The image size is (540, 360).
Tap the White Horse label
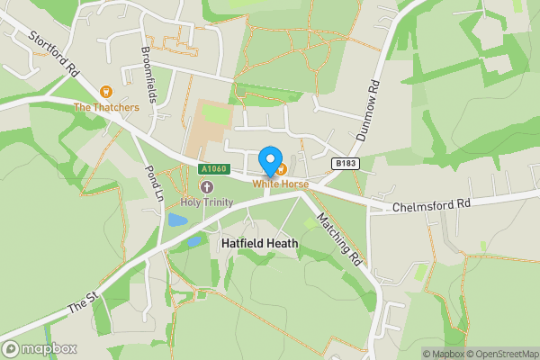(280, 184)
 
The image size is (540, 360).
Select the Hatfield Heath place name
(260, 243)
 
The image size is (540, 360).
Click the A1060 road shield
(215, 169)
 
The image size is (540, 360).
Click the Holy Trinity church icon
(206, 187)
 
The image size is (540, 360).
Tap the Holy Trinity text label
(206, 202)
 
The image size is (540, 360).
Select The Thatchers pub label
(106, 108)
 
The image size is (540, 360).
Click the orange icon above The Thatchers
(106, 92)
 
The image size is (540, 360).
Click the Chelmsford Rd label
(432, 205)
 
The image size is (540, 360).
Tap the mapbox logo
(40, 348)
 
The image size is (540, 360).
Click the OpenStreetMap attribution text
(500, 354)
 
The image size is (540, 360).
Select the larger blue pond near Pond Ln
(178, 220)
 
